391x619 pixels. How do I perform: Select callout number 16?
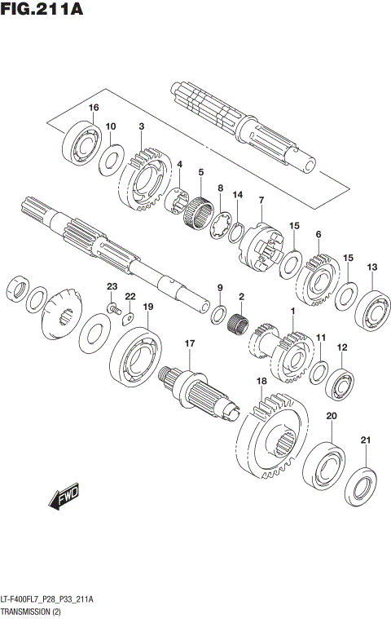(x=94, y=108)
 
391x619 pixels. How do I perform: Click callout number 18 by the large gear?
(x=261, y=381)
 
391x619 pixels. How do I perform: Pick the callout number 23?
(x=112, y=285)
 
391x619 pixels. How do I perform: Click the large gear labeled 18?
(x=272, y=433)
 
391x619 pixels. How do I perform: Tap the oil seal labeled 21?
(x=361, y=484)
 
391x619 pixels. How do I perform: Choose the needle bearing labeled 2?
(x=239, y=322)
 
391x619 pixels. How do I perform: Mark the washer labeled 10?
(x=112, y=159)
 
